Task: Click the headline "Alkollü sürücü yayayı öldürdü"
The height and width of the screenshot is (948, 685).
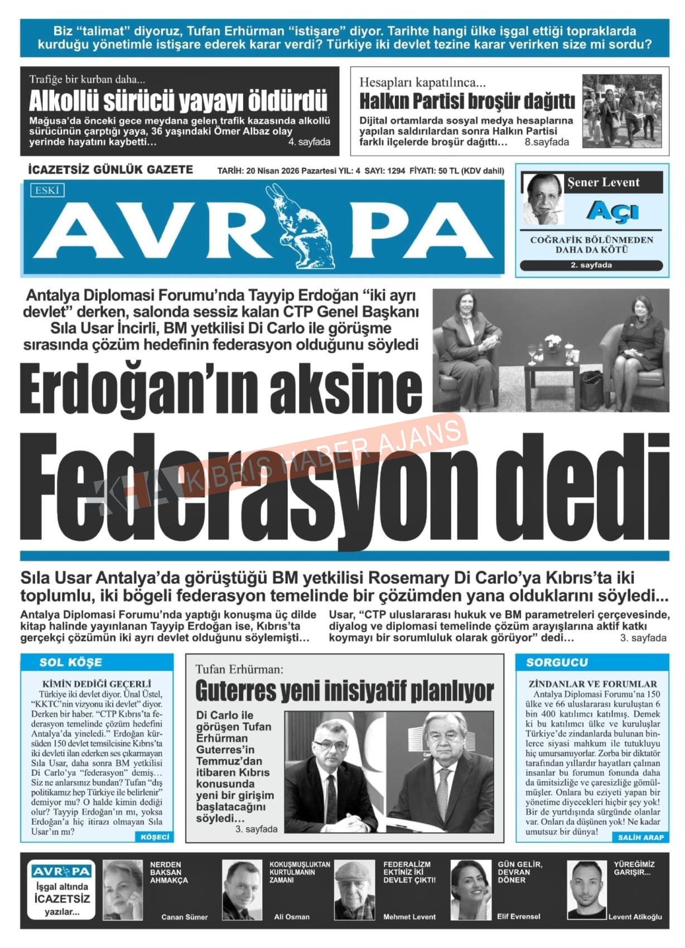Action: [x=178, y=101]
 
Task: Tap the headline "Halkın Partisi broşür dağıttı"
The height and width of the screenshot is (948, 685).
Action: [x=466, y=101]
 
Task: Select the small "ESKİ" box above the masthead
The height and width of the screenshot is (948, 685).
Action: [x=47, y=191]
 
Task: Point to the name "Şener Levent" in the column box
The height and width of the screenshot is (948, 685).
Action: [x=603, y=182]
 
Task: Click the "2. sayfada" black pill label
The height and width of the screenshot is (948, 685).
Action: [x=591, y=265]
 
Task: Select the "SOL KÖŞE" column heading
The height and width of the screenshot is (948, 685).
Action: [x=70, y=662]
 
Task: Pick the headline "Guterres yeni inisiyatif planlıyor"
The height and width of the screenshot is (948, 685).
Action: [x=344, y=691]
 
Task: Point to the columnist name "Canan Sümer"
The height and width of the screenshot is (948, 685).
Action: [x=184, y=917]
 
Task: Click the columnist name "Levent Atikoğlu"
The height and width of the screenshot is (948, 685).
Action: [x=635, y=917]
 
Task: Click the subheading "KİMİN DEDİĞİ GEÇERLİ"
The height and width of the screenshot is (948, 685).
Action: [x=97, y=684]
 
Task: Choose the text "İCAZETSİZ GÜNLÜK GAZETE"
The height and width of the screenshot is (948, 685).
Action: [x=110, y=170]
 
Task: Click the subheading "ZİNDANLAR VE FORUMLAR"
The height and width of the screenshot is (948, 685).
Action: [x=592, y=684]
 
